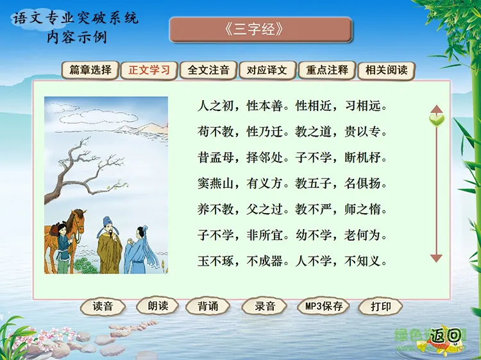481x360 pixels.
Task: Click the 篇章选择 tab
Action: (x=90, y=70)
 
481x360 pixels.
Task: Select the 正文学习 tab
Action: (x=149, y=70)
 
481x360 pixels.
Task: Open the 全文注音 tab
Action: (x=208, y=70)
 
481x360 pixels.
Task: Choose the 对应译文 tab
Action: (x=267, y=70)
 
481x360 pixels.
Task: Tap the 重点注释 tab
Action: (x=327, y=70)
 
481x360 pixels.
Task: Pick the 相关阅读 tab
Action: (x=386, y=70)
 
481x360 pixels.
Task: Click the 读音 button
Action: (x=103, y=306)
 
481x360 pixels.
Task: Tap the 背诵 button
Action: (x=208, y=306)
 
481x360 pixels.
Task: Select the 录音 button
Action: (x=264, y=306)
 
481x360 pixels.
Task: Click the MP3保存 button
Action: (x=324, y=306)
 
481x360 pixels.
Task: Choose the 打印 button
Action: (x=381, y=306)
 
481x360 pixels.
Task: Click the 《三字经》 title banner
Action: (x=260, y=30)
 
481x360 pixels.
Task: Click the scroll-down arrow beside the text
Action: (x=436, y=258)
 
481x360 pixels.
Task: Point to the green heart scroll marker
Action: (x=437, y=120)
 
